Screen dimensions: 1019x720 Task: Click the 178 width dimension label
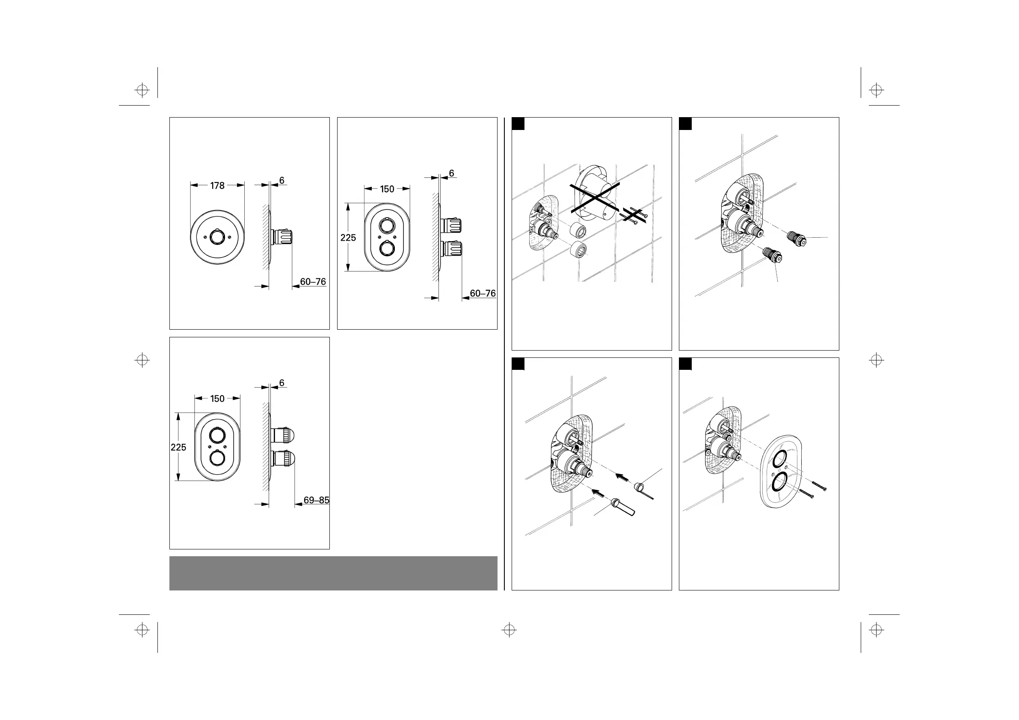(217, 186)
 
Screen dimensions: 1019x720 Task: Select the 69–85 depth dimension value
(316, 500)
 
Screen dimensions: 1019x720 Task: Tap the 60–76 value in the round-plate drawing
(313, 282)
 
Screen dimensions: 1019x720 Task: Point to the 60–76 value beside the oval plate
(483, 293)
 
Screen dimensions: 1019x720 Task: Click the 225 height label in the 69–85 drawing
(178, 447)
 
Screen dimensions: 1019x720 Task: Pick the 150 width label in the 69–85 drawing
(217, 399)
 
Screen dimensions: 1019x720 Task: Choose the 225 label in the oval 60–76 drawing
(348, 238)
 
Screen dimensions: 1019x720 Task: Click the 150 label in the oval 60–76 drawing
(387, 189)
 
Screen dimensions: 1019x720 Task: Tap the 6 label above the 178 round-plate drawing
(281, 180)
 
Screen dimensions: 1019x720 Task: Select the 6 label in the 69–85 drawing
(281, 383)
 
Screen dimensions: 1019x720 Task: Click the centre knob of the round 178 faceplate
(217, 237)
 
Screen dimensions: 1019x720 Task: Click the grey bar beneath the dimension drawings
(333, 573)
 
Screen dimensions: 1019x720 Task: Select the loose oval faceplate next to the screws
(780, 472)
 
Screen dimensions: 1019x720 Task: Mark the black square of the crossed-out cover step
(518, 124)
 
